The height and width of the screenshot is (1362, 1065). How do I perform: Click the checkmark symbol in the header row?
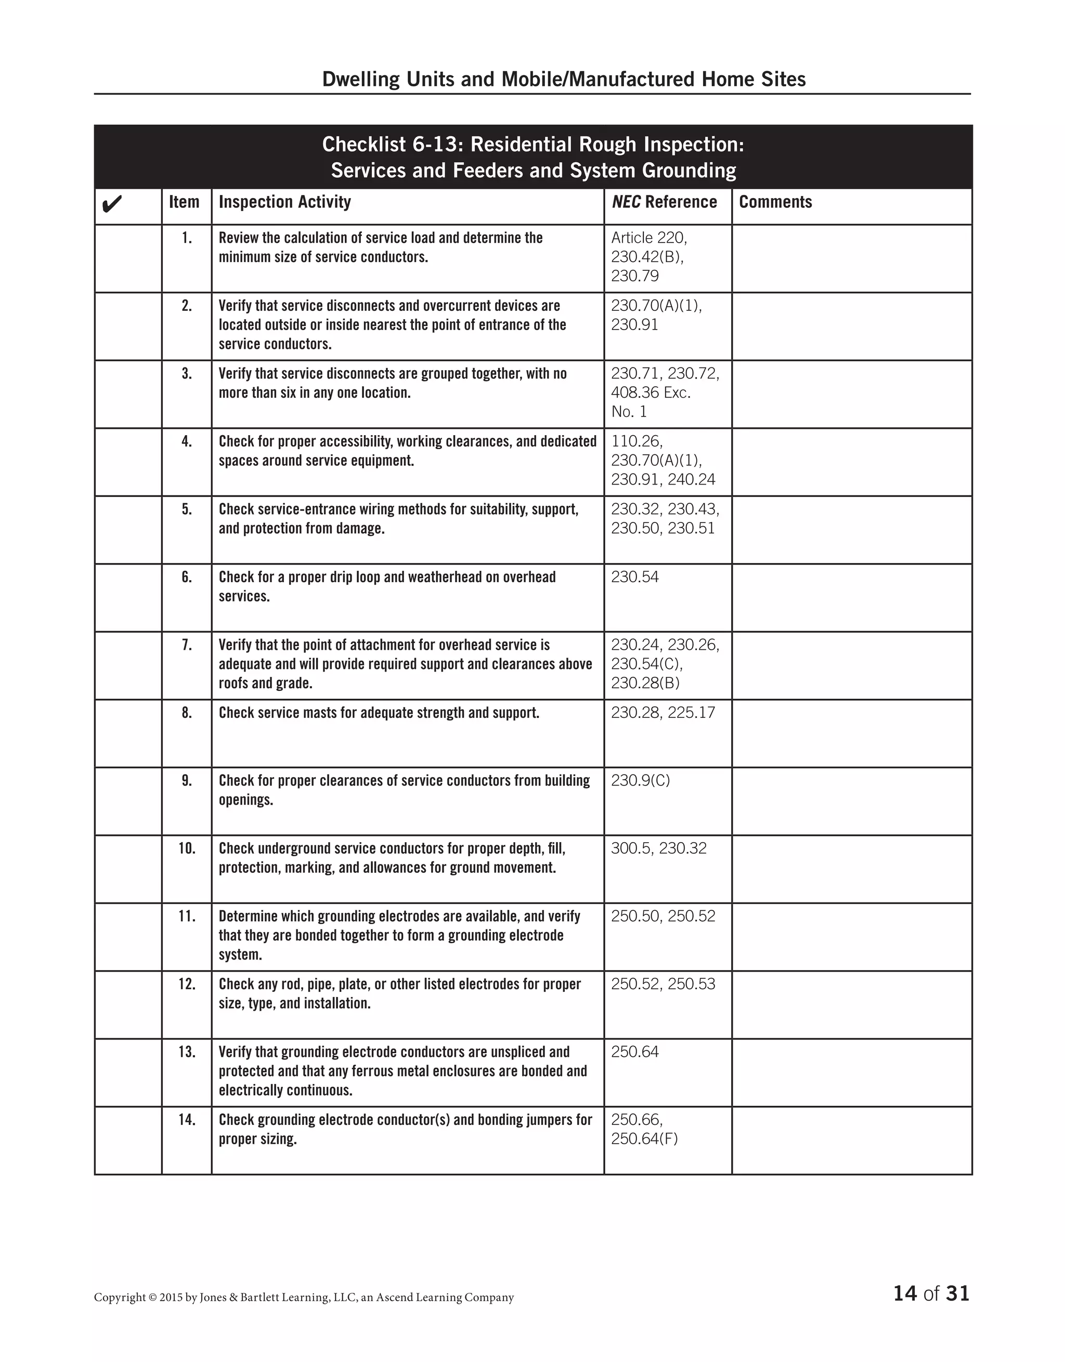[111, 204]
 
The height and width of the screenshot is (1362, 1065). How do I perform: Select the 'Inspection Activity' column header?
[284, 202]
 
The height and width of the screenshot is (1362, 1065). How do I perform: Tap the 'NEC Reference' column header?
[664, 202]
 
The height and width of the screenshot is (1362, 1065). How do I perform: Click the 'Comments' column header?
[775, 202]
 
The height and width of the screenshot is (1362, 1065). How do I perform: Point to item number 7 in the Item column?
[187, 645]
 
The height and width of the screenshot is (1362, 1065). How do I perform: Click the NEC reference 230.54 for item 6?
[634, 577]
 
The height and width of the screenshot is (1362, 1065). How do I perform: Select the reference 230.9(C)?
[640, 781]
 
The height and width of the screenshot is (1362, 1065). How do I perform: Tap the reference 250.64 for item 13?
[634, 1052]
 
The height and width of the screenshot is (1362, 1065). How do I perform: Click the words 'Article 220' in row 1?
[648, 238]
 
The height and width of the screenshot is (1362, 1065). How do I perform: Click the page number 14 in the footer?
[905, 1293]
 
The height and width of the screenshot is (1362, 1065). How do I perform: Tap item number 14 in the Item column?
[187, 1120]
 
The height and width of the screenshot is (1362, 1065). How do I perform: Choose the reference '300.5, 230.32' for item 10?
[658, 849]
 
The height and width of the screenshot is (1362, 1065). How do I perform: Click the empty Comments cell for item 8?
[851, 734]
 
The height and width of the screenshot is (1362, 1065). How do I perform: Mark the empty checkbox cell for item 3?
[128, 394]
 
